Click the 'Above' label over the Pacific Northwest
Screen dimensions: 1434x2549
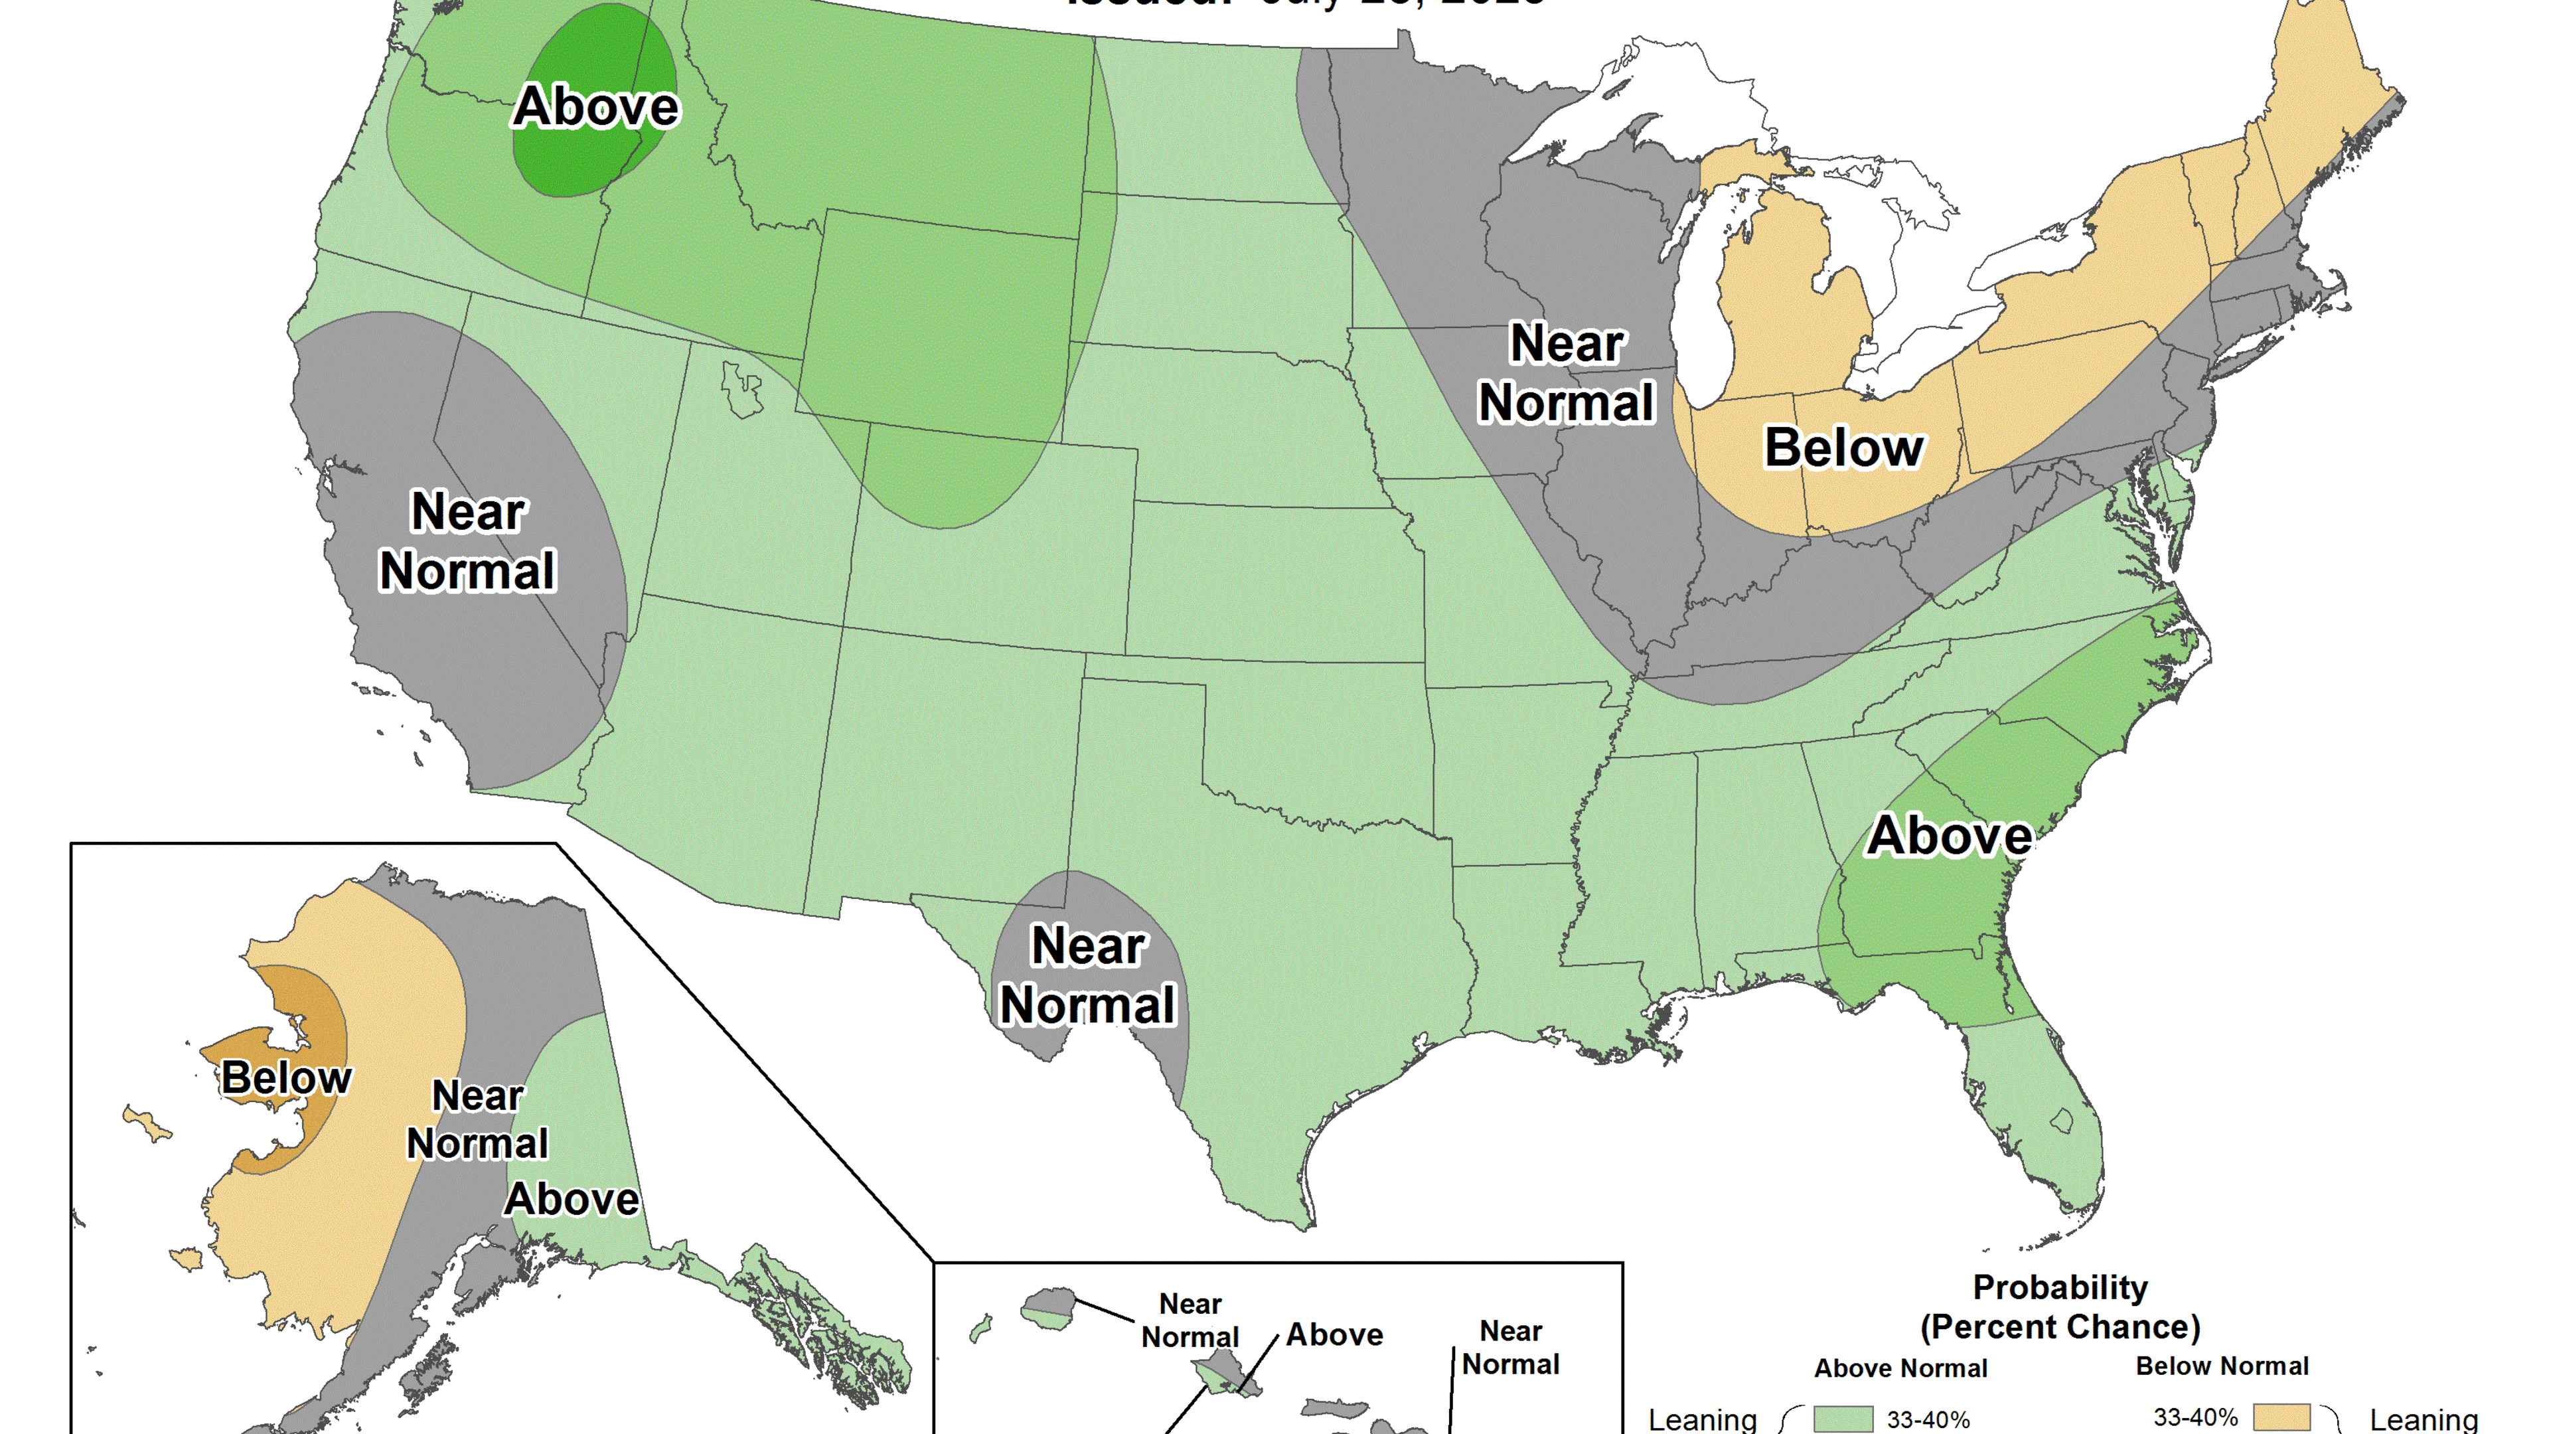[595, 107]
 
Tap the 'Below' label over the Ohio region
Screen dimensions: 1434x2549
[1843, 447]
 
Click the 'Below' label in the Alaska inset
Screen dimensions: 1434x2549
[286, 1077]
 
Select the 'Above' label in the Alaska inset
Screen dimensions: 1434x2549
[572, 1200]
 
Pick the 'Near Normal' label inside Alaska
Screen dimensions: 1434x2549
[478, 1119]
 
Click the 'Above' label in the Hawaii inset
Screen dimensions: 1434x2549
[1334, 1335]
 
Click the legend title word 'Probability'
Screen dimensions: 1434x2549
[2060, 1287]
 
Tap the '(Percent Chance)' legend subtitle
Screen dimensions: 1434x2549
[2060, 1327]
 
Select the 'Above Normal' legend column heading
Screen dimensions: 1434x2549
[1900, 1369]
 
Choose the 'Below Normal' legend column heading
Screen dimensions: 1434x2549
[2222, 1367]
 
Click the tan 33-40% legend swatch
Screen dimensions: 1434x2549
[2281, 1417]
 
